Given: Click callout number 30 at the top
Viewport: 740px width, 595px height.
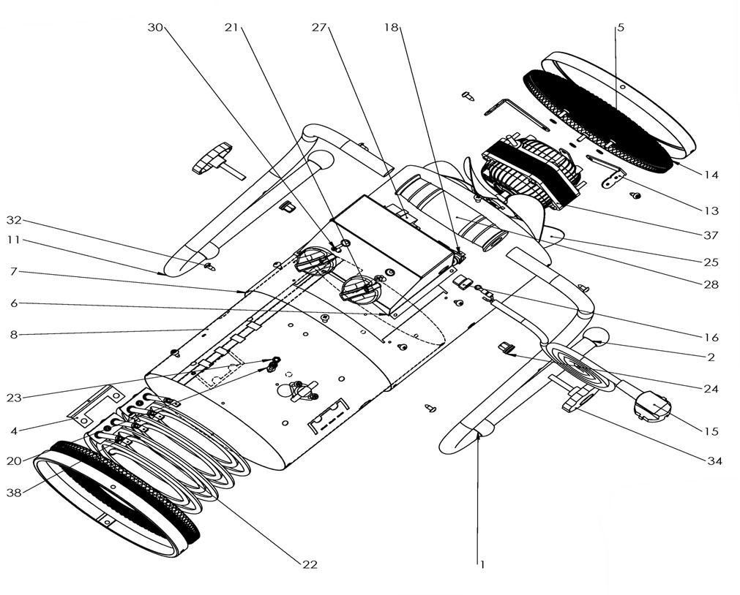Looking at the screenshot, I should [154, 27].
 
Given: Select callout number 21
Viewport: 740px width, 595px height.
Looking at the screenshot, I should [232, 27].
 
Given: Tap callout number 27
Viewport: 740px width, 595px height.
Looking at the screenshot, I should [318, 27].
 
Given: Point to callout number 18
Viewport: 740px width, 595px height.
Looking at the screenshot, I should [391, 27].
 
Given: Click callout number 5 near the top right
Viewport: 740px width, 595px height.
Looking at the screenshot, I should [621, 27].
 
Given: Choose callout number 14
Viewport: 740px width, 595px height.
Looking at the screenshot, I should [711, 175].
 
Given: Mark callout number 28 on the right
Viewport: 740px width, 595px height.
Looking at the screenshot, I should [711, 284].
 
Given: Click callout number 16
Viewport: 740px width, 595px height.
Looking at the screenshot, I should [711, 338].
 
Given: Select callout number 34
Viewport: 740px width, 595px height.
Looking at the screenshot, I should [714, 461].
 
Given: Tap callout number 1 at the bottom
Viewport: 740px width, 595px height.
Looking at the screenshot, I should [482, 564].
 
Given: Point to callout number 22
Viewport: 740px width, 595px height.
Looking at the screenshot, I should [310, 564].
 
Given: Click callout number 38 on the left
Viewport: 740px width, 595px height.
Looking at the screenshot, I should [14, 492].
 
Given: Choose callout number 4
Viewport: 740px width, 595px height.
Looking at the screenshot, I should [14, 431].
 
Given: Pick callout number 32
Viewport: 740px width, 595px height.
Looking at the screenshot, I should [14, 219].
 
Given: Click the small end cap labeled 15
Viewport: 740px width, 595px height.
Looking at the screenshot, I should [651, 406].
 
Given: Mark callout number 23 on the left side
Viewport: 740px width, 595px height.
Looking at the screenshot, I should [14, 398].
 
